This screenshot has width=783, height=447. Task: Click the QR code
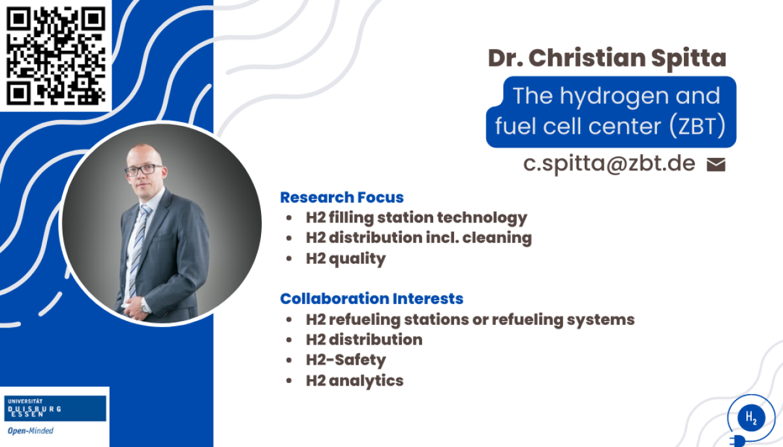(x=56, y=55)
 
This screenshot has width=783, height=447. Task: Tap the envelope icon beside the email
(x=716, y=164)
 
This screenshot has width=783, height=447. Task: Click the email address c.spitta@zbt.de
(x=609, y=164)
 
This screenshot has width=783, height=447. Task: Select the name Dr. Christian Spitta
(x=607, y=58)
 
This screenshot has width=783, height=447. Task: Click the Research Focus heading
(x=342, y=198)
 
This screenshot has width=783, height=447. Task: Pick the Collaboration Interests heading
(x=371, y=299)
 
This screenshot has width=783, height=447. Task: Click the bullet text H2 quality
(x=346, y=259)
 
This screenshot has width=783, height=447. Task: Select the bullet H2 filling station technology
(x=416, y=218)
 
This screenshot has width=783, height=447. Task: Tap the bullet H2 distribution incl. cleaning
(x=419, y=238)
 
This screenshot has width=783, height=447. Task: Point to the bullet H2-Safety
(x=346, y=360)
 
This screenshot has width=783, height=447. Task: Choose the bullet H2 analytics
(x=354, y=380)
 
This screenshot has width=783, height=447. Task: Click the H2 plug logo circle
(x=751, y=417)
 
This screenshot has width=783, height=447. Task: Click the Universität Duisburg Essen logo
(x=55, y=408)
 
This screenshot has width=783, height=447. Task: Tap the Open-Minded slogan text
(x=31, y=431)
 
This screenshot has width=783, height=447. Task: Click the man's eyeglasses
(x=144, y=170)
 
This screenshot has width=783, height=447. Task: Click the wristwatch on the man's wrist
(x=144, y=305)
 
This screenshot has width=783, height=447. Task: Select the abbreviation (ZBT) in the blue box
(x=698, y=126)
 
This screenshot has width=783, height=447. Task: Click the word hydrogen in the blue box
(x=615, y=97)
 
